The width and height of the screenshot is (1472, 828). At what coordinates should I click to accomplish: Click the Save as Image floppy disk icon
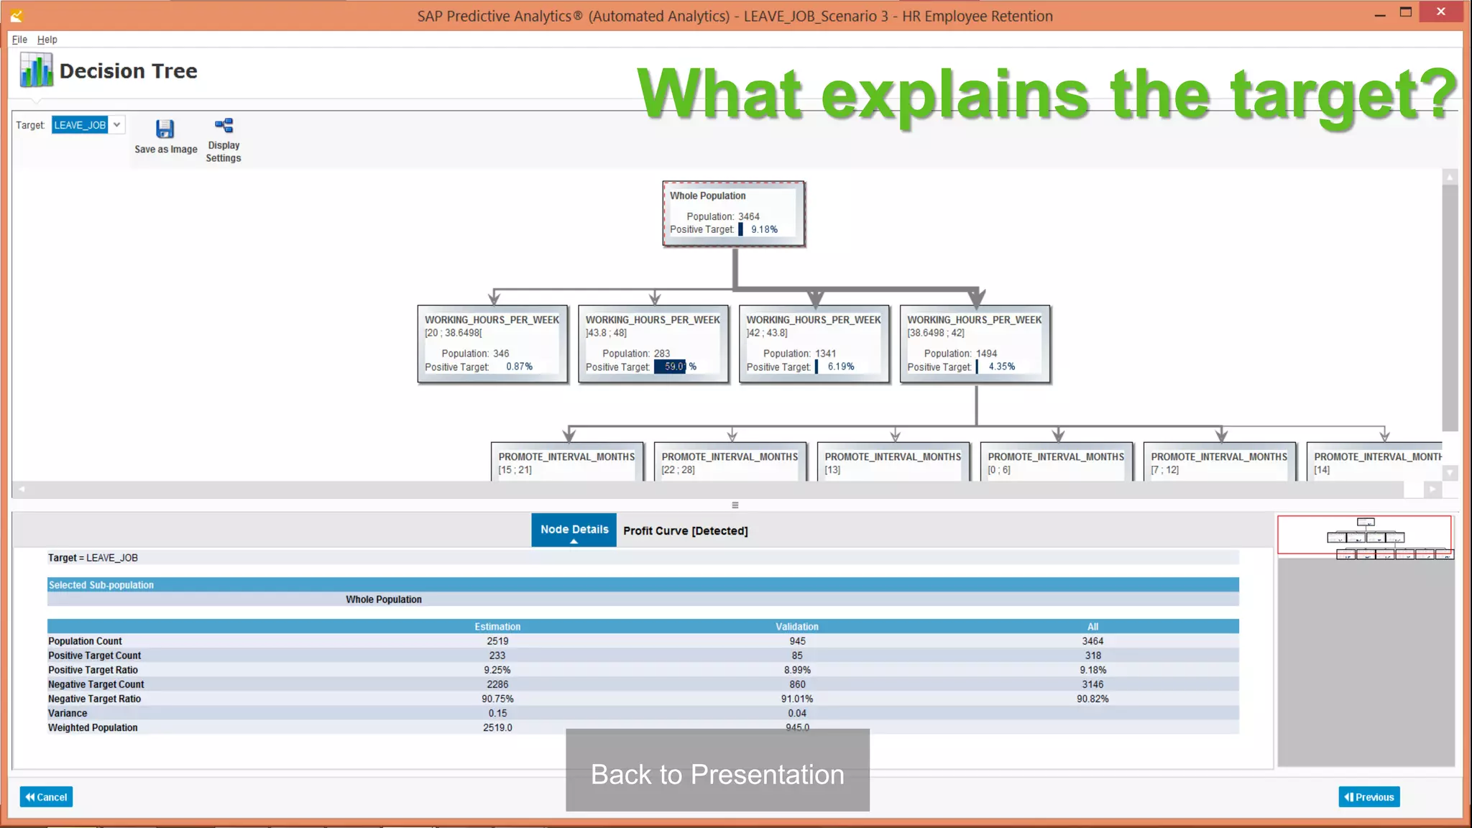tap(165, 129)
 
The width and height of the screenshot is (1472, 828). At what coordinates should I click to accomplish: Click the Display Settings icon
tap(224, 126)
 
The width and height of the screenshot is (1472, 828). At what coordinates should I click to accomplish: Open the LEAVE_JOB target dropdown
tap(116, 125)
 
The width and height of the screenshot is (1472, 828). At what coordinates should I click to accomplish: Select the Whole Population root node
tap(733, 213)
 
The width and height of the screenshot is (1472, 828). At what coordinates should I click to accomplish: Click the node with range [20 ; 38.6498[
tap(492, 344)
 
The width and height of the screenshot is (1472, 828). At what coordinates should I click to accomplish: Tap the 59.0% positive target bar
tap(670, 367)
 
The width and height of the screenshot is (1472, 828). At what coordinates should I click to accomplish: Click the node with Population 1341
tap(814, 344)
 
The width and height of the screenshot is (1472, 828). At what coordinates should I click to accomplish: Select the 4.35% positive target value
tap(1001, 367)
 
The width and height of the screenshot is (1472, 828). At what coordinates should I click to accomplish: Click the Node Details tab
tap(574, 530)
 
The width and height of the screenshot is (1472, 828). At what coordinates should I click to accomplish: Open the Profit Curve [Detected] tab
tap(685, 531)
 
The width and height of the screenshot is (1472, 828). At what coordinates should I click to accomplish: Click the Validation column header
tap(796, 627)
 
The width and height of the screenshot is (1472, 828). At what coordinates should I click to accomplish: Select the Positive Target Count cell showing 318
tap(1092, 655)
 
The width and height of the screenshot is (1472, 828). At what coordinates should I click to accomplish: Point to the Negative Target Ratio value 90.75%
tap(497, 699)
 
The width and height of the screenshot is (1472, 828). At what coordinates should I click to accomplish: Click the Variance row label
tap(68, 713)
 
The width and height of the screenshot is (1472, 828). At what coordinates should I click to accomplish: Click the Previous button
tap(1368, 797)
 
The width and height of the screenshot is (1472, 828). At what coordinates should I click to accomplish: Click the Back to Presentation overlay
tap(717, 773)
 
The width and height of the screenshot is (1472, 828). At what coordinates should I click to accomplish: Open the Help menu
tap(47, 40)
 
